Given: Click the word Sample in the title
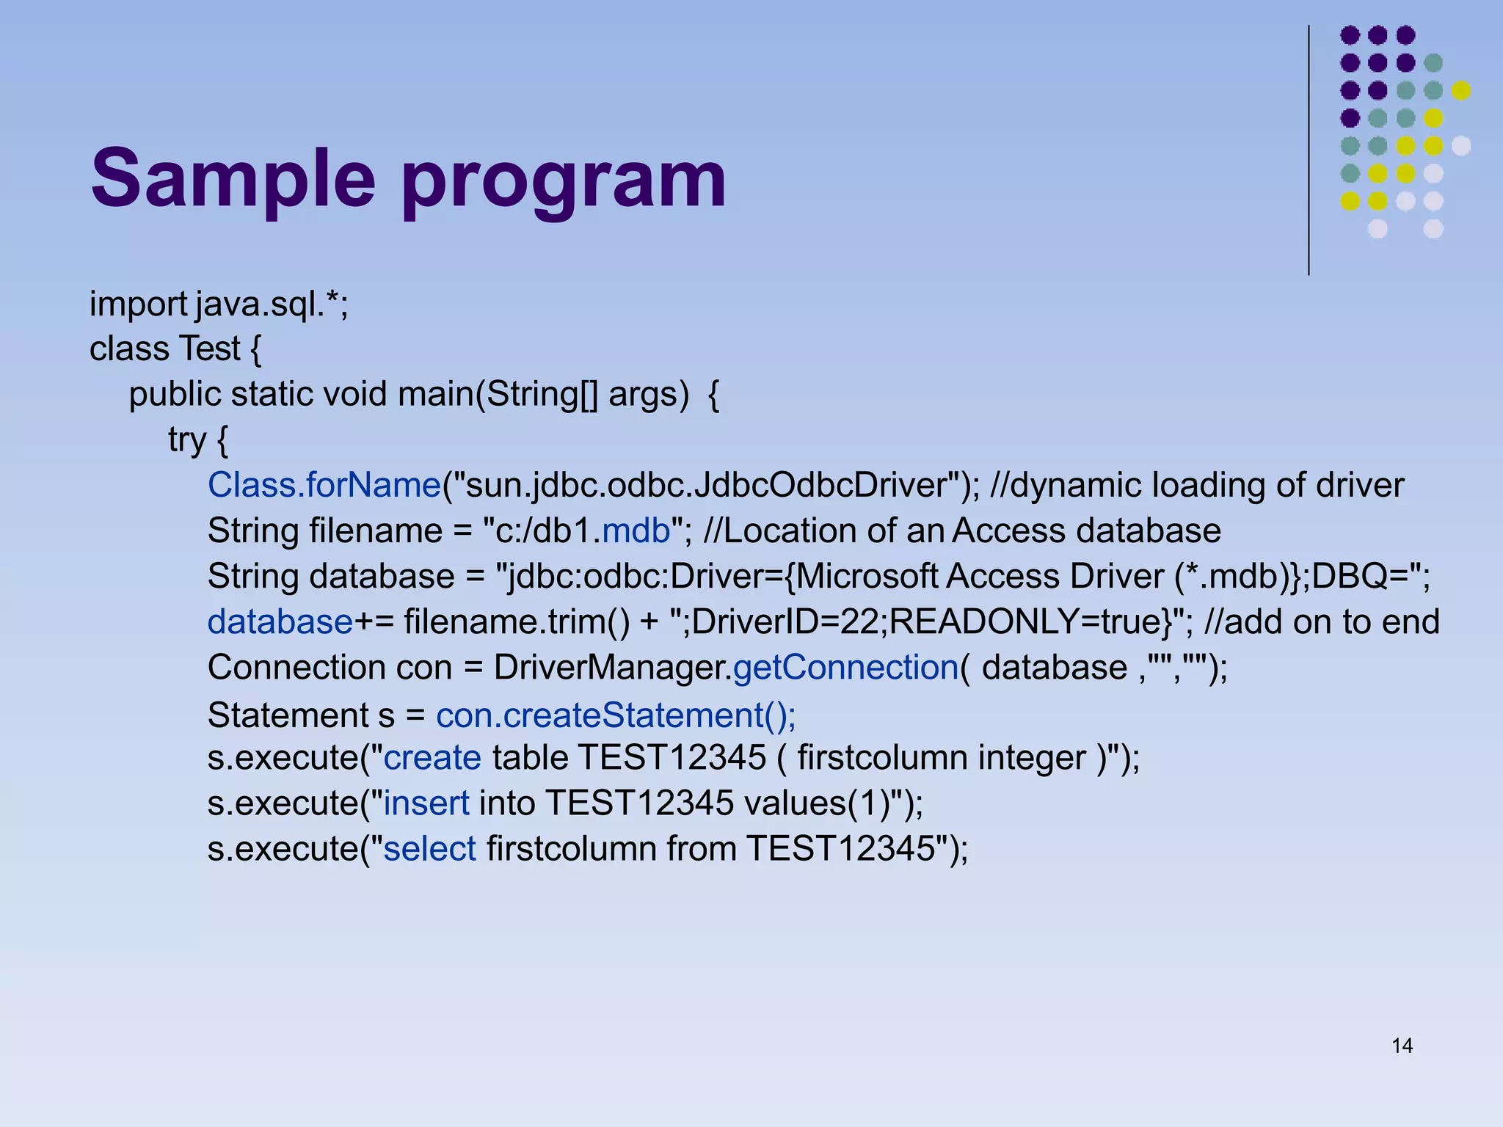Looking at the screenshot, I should point(233,179).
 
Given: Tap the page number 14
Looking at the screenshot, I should point(1402,1046).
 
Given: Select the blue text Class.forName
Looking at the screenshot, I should point(324,486).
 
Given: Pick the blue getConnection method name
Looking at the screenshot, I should point(845,668).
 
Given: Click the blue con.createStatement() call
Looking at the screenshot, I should point(616,715).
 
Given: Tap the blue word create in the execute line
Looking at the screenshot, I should point(432,758).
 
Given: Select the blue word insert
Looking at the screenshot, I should point(426,803).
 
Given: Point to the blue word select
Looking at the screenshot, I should point(430,849).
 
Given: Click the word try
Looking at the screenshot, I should point(186,441).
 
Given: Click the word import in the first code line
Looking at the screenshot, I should point(139,304).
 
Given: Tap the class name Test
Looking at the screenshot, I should point(210,349).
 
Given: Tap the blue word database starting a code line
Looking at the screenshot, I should point(280,622).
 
